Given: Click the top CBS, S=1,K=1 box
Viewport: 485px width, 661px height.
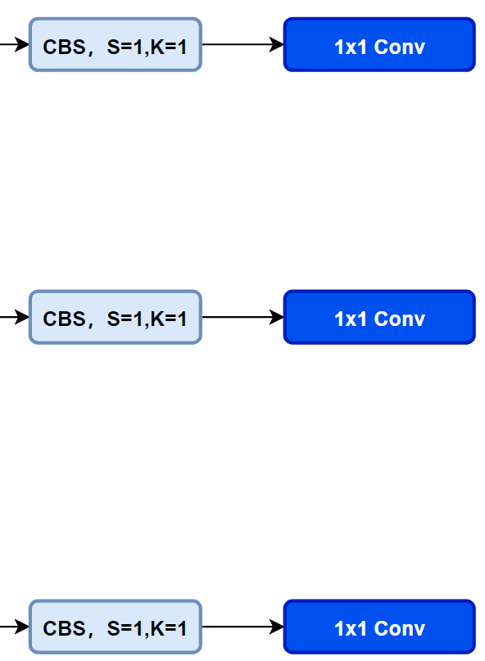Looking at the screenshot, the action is click(116, 44).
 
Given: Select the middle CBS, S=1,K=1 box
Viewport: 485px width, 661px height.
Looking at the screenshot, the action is click(116, 317).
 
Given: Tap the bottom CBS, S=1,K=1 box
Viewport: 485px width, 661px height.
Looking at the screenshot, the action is click(116, 627).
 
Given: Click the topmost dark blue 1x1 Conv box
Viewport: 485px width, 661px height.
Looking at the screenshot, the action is click(379, 44).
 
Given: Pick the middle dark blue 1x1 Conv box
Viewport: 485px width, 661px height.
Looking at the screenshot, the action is click(379, 317).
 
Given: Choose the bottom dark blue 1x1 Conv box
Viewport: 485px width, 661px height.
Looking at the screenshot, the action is click(379, 627).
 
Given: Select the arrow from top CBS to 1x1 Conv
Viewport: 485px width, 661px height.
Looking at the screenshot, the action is click(243, 44).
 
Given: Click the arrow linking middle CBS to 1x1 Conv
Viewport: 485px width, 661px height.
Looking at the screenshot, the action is click(243, 317).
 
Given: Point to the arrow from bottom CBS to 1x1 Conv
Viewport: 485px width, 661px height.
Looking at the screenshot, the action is click(243, 627).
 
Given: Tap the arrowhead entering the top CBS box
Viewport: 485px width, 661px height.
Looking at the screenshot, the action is click(22, 44).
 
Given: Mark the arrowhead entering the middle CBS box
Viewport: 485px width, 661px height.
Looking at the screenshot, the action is click(22, 317).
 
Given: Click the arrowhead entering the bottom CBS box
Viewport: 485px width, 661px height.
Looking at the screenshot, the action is click(22, 627).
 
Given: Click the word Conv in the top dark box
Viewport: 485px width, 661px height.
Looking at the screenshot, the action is click(399, 47).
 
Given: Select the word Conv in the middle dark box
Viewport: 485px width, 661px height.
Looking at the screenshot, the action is click(399, 319).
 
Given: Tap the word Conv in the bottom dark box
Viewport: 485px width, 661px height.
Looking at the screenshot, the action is click(399, 628).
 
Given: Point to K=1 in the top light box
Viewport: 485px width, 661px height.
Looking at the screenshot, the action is click(168, 47).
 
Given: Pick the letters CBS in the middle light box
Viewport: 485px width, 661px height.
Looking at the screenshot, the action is click(65, 319).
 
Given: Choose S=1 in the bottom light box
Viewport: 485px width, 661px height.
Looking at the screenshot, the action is click(125, 628).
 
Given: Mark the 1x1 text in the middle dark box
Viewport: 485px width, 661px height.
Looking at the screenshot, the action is click(351, 319).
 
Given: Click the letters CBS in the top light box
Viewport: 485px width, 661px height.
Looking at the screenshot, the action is click(65, 47).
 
